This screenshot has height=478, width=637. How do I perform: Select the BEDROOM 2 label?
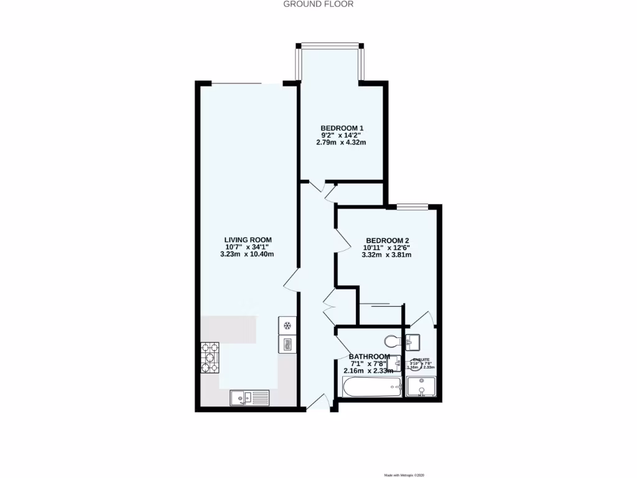tap(387, 240)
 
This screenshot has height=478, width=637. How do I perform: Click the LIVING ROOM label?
tap(248, 239)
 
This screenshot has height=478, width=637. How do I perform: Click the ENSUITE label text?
tap(421, 360)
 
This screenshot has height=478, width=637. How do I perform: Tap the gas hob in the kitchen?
tap(210, 357)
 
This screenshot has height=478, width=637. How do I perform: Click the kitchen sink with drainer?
tap(249, 397)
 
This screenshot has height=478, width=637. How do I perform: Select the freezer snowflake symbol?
tap(287, 326)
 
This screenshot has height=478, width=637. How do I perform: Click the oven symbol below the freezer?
tap(287, 344)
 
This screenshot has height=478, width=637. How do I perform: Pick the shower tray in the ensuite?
tap(421, 388)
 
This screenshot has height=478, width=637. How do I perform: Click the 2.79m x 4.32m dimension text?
tap(341, 142)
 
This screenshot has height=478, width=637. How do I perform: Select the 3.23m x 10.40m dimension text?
tap(248, 254)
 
